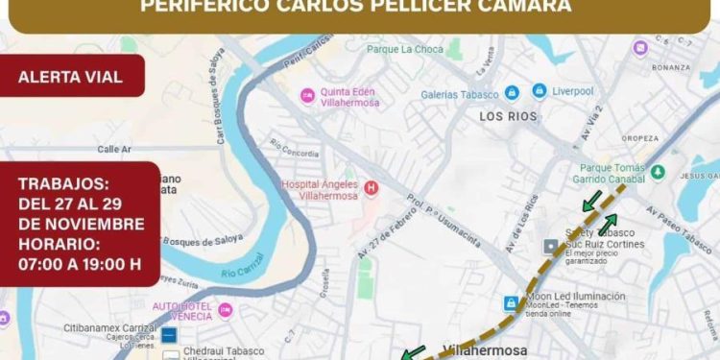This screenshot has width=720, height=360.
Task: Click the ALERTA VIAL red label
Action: [71, 77]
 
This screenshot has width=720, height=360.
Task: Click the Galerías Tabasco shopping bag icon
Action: [512, 93]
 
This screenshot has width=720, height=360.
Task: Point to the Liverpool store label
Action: [572, 93]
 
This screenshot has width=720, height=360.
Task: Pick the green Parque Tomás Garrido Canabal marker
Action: [658, 172]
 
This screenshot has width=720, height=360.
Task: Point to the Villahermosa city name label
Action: [485, 349]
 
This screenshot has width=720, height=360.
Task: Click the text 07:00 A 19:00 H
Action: [80, 264]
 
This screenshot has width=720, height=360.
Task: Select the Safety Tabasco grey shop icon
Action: [550, 247]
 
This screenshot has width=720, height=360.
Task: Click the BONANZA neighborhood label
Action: [670, 67]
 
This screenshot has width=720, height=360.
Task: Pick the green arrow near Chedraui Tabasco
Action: [413, 353]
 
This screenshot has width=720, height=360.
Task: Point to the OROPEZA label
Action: [639, 137]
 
